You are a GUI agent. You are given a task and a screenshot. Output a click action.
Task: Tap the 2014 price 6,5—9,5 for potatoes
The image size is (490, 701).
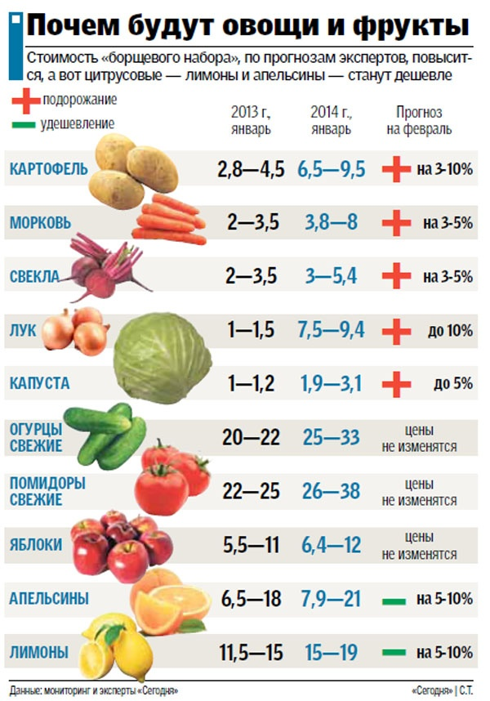coord(331,170)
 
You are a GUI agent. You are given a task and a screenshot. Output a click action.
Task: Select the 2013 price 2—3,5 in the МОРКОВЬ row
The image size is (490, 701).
coord(253,222)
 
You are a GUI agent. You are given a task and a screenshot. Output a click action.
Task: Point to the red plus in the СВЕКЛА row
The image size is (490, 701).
coord(396,276)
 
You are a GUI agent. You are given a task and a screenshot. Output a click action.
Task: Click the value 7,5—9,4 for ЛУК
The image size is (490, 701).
coord(331,330)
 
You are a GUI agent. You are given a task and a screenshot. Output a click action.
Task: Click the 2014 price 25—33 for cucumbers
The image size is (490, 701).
coord(331,437)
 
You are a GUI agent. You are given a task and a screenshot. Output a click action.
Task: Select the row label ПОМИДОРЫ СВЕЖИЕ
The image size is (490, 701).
coord(47,490)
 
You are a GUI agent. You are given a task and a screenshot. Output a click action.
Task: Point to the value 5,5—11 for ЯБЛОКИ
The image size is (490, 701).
coord(250,544)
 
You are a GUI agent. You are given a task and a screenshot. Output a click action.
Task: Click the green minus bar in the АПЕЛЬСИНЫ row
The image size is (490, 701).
coord(394,600)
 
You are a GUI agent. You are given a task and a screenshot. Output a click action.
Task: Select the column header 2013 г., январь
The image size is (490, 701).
coord(250,120)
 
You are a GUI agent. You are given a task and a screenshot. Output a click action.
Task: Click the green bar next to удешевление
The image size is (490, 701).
coord(24,125)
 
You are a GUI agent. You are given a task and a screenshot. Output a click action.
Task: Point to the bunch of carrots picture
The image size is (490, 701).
coord(170,219)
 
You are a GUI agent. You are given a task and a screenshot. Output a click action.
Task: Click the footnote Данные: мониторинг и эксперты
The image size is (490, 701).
coord(94,690)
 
